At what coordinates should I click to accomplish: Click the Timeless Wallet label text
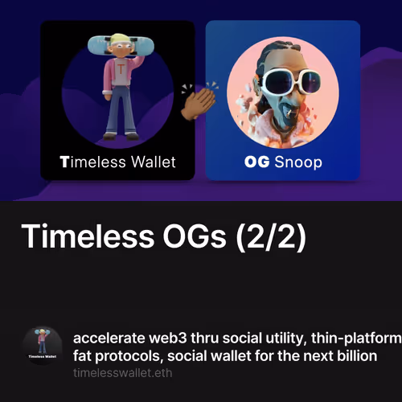[x=117, y=162]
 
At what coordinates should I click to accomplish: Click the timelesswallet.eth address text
[x=122, y=373]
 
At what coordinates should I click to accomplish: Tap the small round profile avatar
[x=42, y=346]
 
